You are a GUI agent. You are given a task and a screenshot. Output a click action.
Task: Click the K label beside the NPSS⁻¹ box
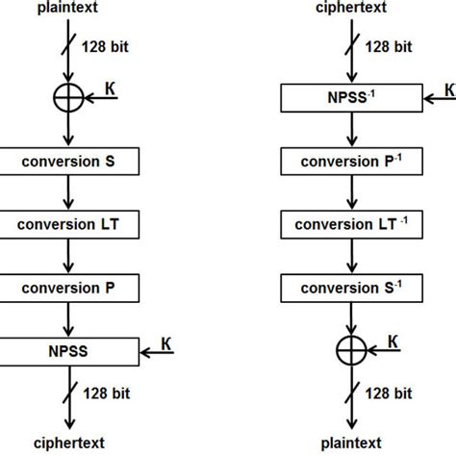pyautogui.click(x=448, y=89)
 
